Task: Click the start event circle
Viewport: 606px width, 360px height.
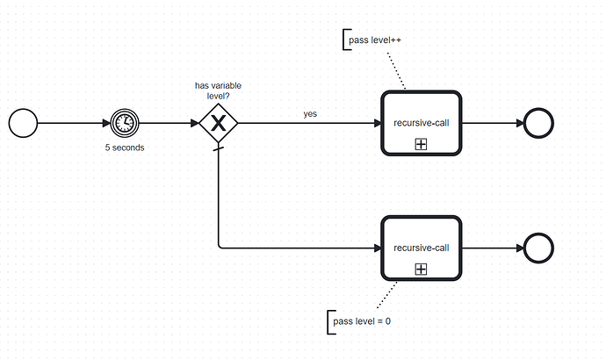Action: point(23,124)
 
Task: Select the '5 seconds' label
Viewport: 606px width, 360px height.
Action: point(125,148)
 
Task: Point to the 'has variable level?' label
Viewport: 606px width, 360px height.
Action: point(219,90)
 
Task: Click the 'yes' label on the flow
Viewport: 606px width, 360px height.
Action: point(310,113)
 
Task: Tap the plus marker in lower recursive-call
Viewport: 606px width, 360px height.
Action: point(421,269)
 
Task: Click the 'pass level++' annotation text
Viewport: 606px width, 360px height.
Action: point(375,40)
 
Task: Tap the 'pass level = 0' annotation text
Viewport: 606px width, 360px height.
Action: point(363,321)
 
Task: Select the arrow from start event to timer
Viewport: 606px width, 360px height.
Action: point(72,124)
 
